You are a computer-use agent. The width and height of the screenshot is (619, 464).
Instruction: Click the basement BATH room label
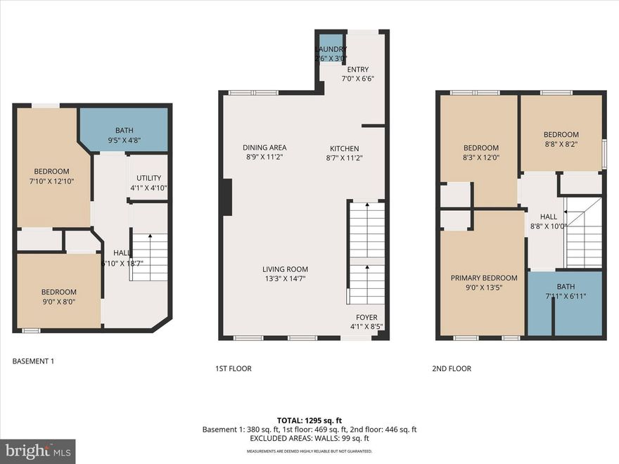(x=123, y=130)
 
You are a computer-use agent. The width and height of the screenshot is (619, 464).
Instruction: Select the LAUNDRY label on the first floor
(x=331, y=49)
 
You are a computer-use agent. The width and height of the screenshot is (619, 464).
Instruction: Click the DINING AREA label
(x=264, y=148)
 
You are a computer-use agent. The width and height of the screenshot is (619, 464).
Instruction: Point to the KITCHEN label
(x=345, y=149)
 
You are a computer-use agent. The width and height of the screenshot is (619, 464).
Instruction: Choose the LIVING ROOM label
(x=285, y=269)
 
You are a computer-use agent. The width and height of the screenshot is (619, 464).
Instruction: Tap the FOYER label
(x=366, y=317)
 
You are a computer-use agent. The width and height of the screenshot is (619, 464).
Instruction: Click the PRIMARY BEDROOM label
(x=483, y=278)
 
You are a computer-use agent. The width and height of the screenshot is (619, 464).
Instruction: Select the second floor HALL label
(x=548, y=217)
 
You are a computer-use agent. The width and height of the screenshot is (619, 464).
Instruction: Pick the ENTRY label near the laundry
(x=357, y=70)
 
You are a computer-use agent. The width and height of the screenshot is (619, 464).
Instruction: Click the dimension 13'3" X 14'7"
(x=285, y=278)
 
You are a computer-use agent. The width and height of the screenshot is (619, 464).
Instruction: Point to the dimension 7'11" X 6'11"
(x=565, y=296)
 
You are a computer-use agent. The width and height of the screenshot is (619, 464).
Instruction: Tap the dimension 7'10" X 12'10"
(x=51, y=181)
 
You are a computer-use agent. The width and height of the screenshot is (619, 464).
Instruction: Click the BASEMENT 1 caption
(x=33, y=361)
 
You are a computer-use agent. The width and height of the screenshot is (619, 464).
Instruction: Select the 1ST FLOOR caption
(x=233, y=368)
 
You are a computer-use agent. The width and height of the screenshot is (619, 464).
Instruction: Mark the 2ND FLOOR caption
(x=452, y=368)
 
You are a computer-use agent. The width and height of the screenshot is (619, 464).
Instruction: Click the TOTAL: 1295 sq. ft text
(x=309, y=419)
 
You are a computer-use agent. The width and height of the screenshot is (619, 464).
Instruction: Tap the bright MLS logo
(x=38, y=451)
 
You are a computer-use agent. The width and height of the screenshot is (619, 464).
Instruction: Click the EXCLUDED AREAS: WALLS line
(x=309, y=439)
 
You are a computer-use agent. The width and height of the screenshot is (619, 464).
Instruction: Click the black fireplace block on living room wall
(x=226, y=198)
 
